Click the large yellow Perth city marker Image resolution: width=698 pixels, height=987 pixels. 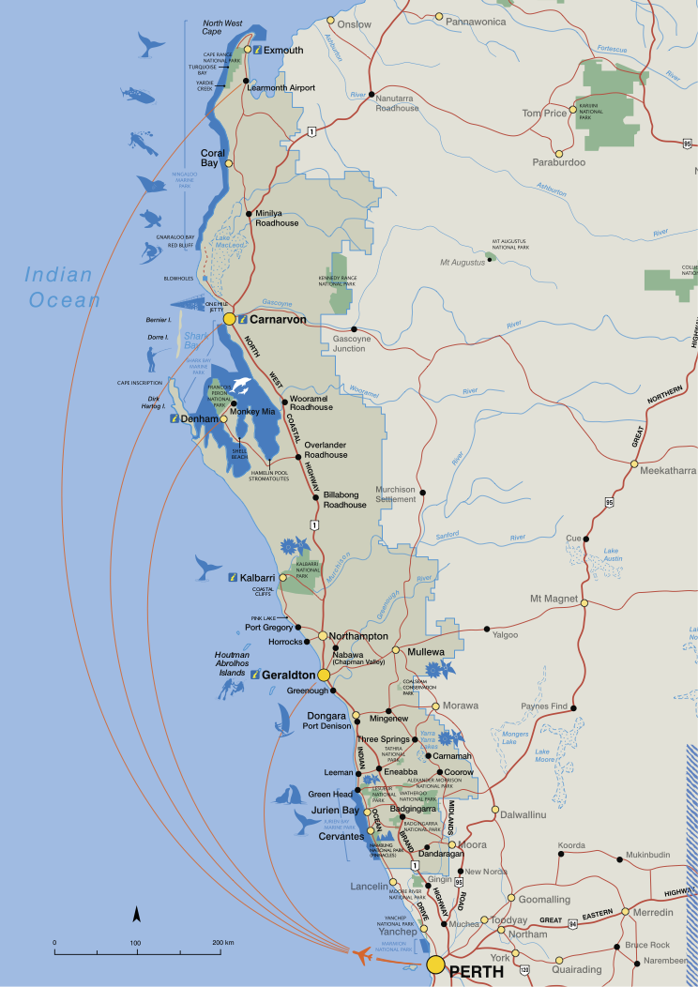point(435,964)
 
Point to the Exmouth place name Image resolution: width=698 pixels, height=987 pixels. point(283,50)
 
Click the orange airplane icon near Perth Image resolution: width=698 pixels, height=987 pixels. point(360,954)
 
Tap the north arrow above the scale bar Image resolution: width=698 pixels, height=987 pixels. point(136,915)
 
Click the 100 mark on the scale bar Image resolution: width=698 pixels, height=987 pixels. point(135,941)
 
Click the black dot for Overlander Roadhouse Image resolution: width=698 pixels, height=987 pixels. point(298,457)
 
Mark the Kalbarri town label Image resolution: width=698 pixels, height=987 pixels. point(256,577)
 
